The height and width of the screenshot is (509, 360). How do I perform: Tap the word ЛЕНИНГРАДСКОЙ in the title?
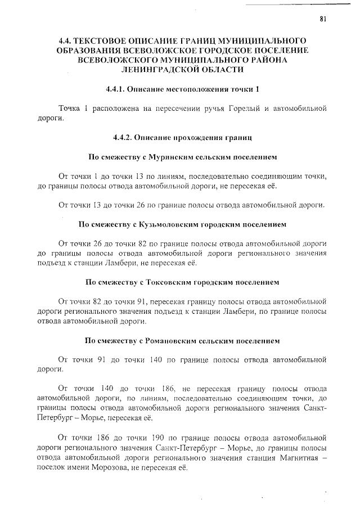(164, 70)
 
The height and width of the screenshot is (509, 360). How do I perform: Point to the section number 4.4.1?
(115, 89)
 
